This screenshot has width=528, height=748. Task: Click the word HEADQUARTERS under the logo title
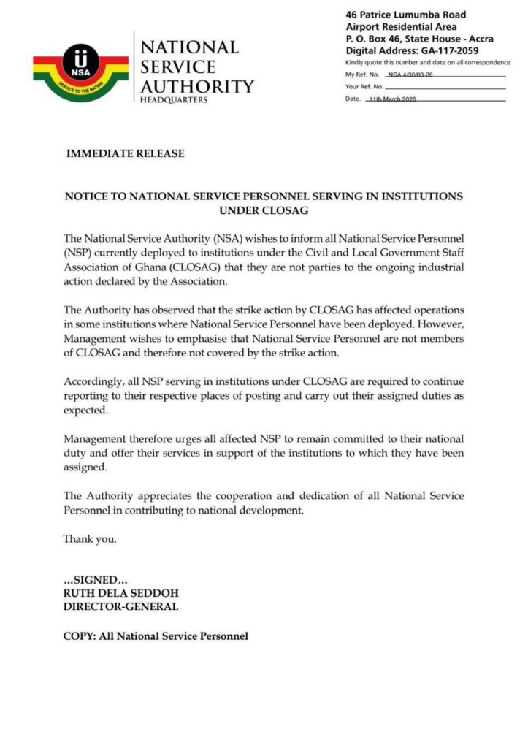[174, 101]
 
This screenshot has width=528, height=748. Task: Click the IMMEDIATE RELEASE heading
[125, 153]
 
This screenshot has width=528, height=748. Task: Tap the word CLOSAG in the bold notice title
[264, 210]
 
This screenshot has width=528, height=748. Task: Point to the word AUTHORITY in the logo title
[197, 85]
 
